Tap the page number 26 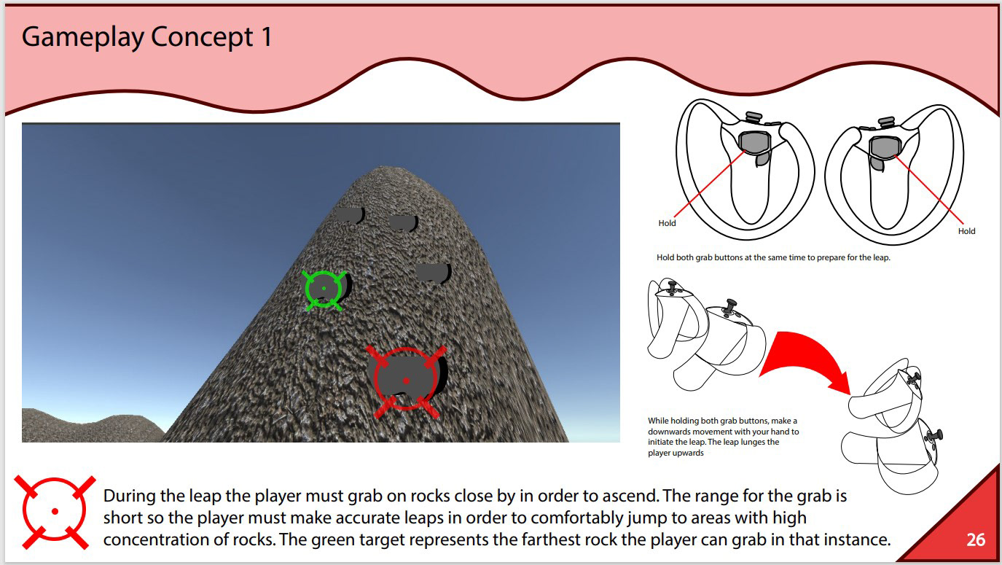tap(976, 539)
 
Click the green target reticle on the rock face tap(324, 290)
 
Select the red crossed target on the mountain tap(406, 381)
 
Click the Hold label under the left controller tap(667, 223)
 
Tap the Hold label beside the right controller tap(966, 231)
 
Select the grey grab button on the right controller tap(885, 147)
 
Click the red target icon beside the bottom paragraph tap(55, 512)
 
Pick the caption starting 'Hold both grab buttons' tap(773, 257)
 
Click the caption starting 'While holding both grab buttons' tap(724, 437)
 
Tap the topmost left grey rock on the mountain tap(350, 215)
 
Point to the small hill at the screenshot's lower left tap(90, 427)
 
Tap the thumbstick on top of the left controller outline tap(754, 117)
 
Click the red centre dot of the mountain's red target tap(406, 381)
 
